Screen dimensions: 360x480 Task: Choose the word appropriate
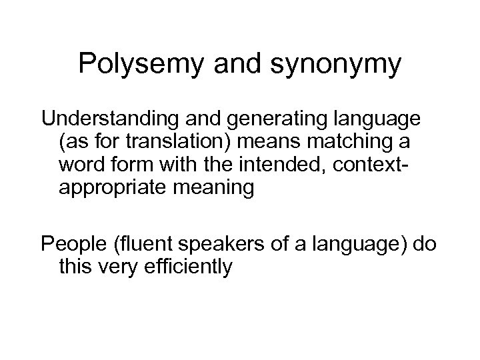pos(116,188)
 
